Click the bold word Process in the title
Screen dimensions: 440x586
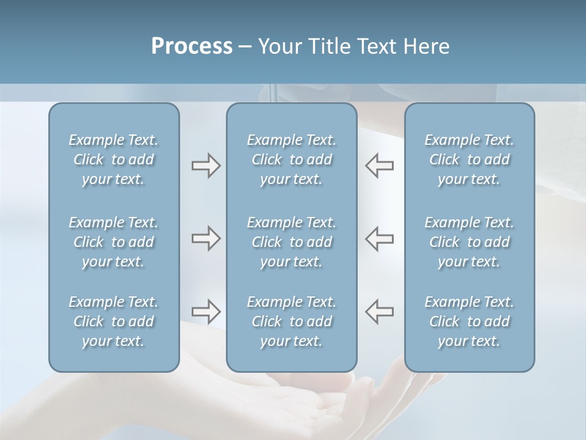192,46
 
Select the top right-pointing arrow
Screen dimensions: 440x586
206,166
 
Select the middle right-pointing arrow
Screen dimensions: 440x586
206,238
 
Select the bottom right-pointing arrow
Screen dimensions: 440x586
206,311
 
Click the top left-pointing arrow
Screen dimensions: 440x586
380,166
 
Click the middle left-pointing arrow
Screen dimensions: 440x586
380,238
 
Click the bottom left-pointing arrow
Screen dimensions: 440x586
380,311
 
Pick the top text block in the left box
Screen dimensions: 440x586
114,159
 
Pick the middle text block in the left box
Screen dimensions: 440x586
114,242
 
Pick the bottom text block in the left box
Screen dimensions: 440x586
114,321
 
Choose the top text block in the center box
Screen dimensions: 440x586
291,159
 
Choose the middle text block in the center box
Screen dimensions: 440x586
291,242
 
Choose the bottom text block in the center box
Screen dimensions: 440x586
291,321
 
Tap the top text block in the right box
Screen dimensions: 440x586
469,159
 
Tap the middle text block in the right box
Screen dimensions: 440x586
469,242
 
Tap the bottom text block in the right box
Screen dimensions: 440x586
469,321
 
